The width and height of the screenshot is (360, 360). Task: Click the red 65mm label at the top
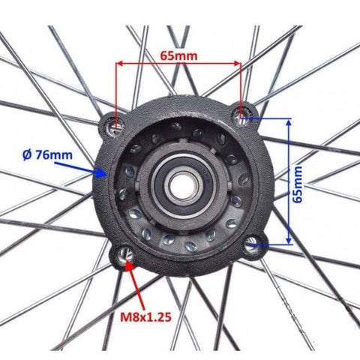click(178, 56)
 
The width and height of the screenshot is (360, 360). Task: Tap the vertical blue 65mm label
click(297, 184)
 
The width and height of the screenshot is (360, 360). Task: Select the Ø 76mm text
click(47, 155)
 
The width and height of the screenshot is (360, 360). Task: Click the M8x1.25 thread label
click(145, 317)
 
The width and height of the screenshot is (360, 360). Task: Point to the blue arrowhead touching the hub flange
click(102, 172)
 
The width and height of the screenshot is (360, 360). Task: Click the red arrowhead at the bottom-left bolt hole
click(129, 265)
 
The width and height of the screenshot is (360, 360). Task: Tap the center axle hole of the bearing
click(182, 186)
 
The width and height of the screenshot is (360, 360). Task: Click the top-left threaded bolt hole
click(115, 125)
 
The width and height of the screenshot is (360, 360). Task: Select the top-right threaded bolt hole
click(241, 115)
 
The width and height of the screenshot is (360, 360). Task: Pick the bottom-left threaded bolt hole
click(126, 255)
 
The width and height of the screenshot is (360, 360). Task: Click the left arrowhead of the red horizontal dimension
click(120, 64)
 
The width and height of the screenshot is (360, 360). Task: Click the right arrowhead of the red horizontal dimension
click(236, 64)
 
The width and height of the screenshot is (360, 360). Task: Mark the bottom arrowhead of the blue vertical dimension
click(289, 240)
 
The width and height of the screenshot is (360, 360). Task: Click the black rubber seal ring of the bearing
click(159, 186)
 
